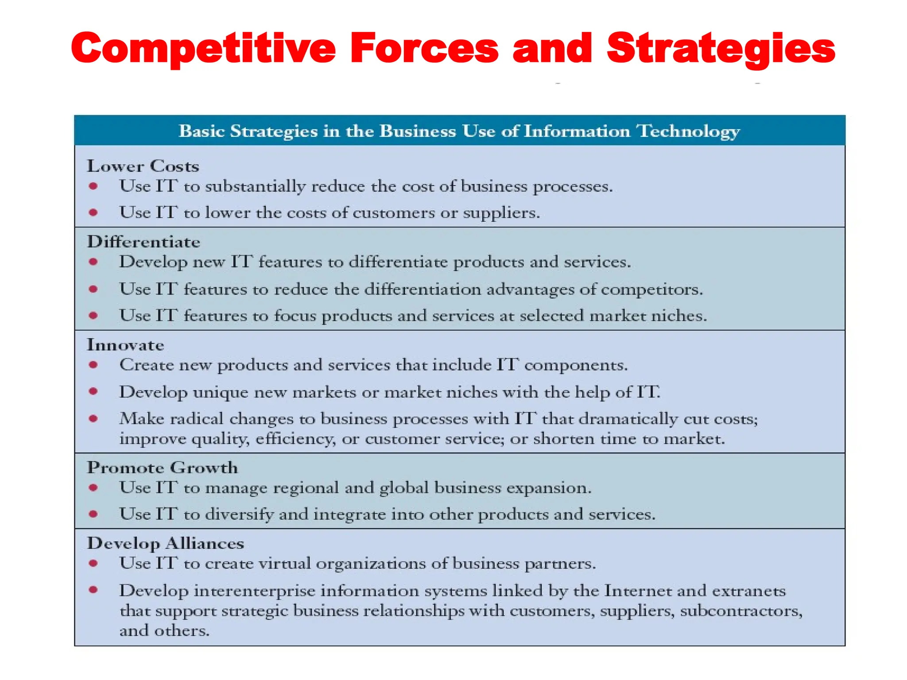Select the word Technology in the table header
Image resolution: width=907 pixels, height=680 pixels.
[x=688, y=131]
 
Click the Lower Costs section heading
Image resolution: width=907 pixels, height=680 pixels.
[x=143, y=166]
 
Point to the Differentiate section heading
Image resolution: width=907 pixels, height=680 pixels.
[x=143, y=242]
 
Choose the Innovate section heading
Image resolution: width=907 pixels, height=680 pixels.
[x=125, y=345]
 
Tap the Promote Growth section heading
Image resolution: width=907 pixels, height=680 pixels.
[x=162, y=467]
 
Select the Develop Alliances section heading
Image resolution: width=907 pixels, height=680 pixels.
[x=165, y=543]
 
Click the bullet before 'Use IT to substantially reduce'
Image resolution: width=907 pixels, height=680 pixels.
[x=93, y=186]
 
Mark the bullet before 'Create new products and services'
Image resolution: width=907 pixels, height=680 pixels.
[x=93, y=365]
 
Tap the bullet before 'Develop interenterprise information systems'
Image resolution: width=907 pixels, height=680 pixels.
[x=93, y=590]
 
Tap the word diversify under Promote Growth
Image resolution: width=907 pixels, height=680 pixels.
[x=239, y=514]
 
